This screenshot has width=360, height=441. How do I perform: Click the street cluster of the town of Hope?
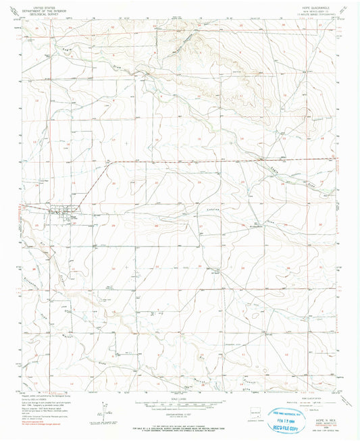click(68, 215)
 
